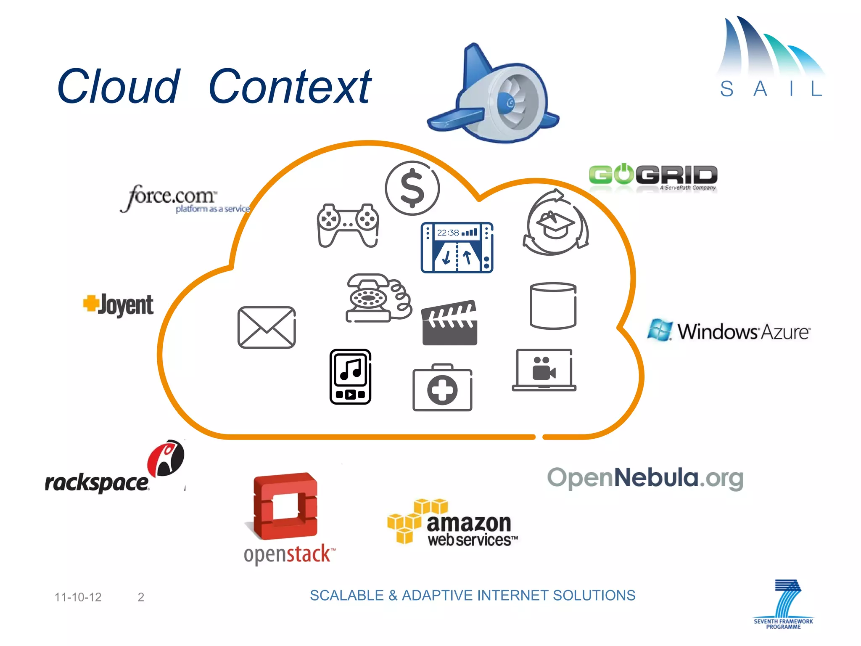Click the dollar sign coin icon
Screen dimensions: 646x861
coord(412,188)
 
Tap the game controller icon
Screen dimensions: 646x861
coord(348,225)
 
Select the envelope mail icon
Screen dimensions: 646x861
coord(267,327)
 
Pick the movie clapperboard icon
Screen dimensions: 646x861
coord(449,323)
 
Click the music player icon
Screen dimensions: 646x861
coord(350,376)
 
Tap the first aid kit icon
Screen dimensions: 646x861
coord(442,388)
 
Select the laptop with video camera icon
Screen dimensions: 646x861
coord(544,370)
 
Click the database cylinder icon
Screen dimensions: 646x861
coord(553,306)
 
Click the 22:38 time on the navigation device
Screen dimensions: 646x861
coord(448,233)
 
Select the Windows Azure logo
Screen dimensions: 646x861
coord(729,331)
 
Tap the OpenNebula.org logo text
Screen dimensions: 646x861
coord(645,478)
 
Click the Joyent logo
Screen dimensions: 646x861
coord(119,304)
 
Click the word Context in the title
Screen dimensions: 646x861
coord(290,87)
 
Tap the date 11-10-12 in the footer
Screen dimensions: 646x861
coord(78,597)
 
